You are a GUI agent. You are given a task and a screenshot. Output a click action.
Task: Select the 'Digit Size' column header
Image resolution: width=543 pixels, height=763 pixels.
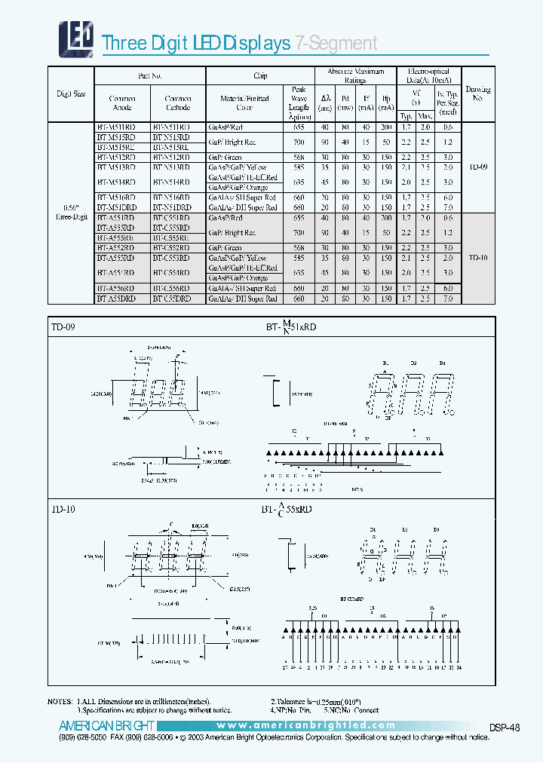click(x=70, y=94)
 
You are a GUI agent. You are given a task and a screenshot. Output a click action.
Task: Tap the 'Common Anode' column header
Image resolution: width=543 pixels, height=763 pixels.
click(x=121, y=103)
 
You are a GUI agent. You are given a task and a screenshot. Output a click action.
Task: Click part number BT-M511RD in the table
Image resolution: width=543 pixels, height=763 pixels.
click(x=116, y=127)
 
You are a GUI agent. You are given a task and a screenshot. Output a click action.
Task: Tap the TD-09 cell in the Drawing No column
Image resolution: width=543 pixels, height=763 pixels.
click(x=478, y=167)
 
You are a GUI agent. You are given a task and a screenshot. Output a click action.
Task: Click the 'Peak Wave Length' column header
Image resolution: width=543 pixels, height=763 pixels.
click(x=299, y=103)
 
